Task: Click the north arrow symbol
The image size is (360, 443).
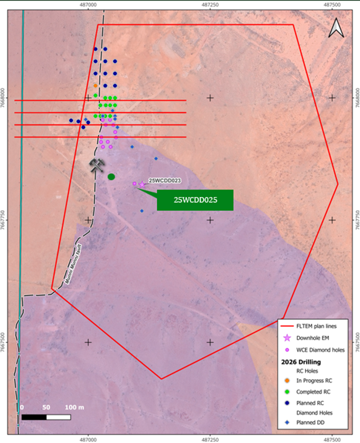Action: pyautogui.click(x=335, y=28)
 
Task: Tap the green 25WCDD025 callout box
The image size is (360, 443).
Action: pyautogui.click(x=195, y=200)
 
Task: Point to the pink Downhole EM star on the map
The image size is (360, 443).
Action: pyautogui.click(x=141, y=185)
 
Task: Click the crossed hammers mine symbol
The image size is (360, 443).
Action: pyautogui.click(x=97, y=165)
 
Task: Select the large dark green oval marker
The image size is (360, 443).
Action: pyautogui.click(x=111, y=177)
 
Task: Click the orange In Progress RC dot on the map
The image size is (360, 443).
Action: pyautogui.click(x=96, y=86)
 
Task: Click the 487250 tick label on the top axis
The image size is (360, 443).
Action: pyautogui.click(x=210, y=5)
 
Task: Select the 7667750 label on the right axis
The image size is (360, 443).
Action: pyautogui.click(x=356, y=220)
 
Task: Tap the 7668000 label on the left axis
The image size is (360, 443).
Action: pyautogui.click(x=4, y=98)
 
